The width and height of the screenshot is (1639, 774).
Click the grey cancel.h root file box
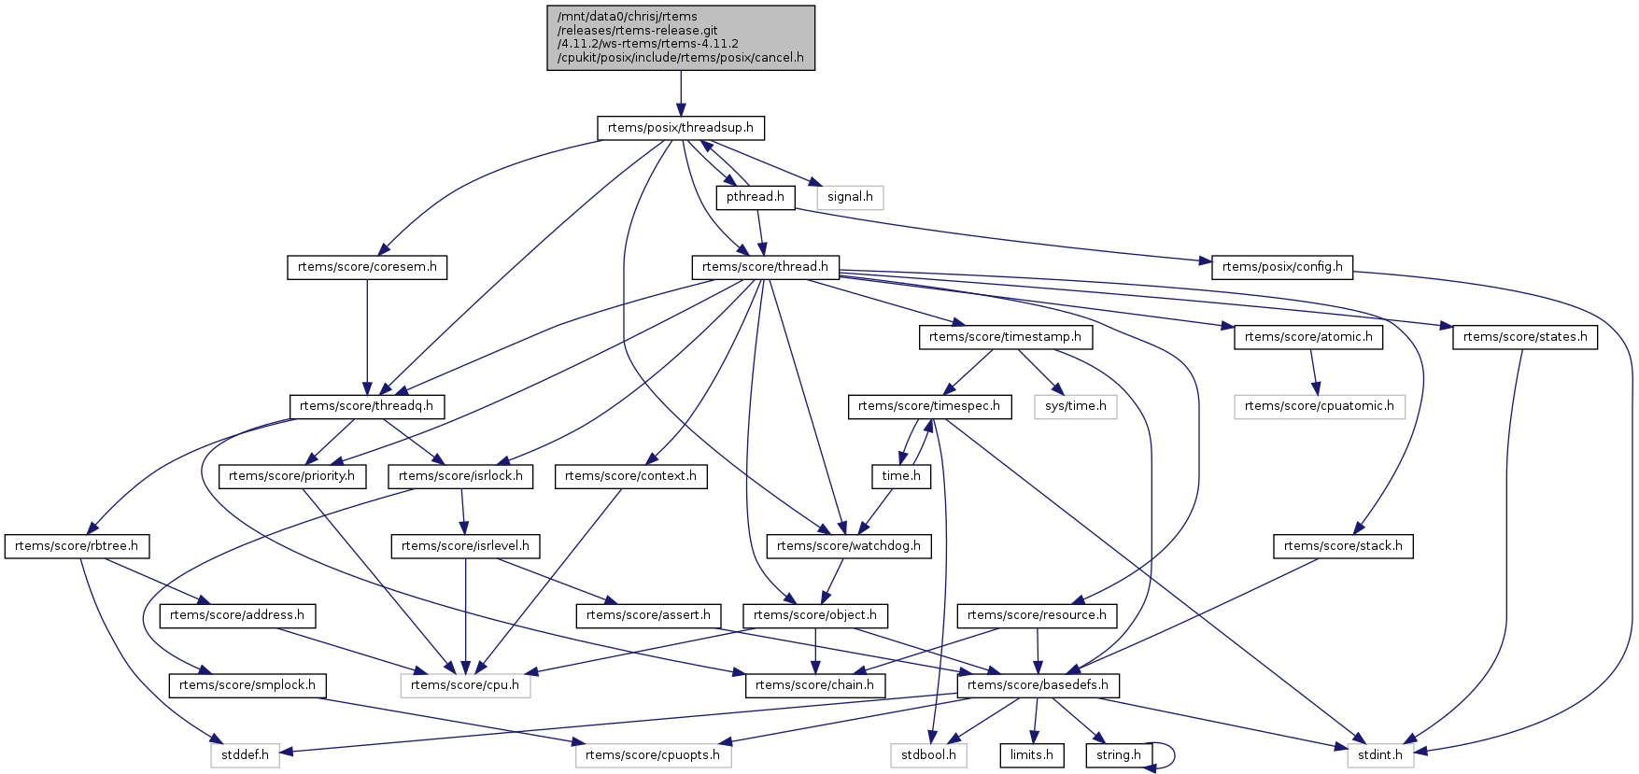point(681,37)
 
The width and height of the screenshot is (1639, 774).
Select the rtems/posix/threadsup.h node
point(680,128)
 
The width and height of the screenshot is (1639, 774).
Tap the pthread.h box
point(756,197)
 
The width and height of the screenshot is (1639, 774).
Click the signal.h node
point(850,197)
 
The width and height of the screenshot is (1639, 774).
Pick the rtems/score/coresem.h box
point(367,267)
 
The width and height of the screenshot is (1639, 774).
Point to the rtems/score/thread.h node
point(765,267)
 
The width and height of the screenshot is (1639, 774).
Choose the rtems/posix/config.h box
point(1281,267)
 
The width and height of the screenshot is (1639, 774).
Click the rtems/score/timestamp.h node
point(1005,337)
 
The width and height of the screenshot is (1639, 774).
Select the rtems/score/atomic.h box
point(1308,337)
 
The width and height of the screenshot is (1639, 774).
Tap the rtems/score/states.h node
point(1524,337)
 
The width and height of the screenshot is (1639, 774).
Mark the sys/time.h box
point(1076,406)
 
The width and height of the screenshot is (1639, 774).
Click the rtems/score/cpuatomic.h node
point(1319,406)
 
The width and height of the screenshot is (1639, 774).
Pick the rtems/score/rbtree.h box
point(77,546)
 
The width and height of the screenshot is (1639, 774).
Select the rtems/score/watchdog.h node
point(848,546)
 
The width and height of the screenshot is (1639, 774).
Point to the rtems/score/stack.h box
point(1343,546)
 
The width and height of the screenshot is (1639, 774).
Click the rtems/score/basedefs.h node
point(1038,685)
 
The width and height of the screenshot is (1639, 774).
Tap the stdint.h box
point(1380,755)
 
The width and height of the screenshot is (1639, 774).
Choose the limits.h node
point(1032,755)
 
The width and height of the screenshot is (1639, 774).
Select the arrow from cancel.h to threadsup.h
point(681,92)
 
